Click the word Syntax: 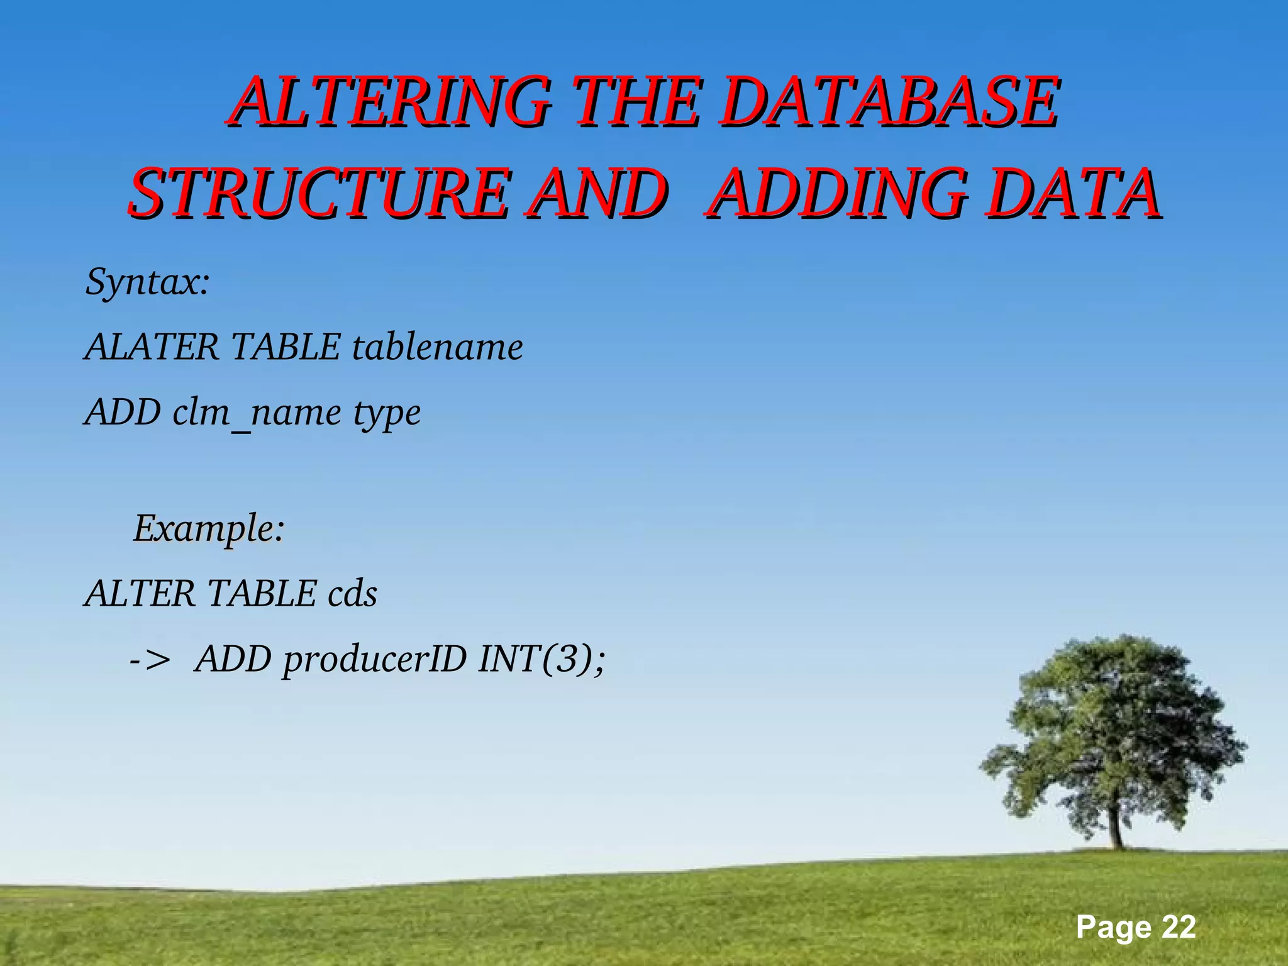coord(147,282)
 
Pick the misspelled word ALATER coord(152,347)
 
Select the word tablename coord(437,347)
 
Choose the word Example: coord(209,528)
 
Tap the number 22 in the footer coord(1178,927)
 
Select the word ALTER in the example coord(140,594)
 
